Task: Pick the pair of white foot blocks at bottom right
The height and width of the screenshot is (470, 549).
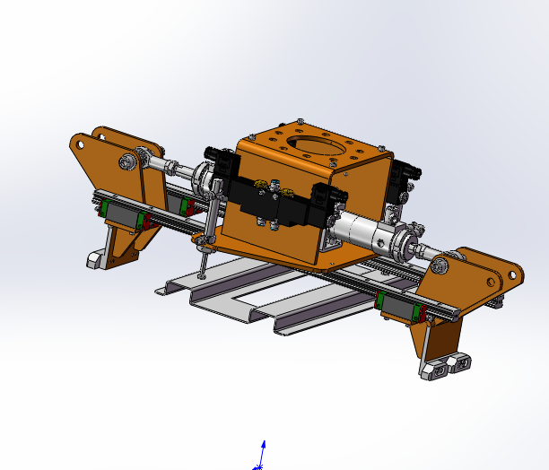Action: (x=449, y=364)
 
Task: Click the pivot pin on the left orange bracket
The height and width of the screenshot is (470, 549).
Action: (x=128, y=161)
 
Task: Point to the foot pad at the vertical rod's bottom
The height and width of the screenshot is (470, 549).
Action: (x=200, y=276)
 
